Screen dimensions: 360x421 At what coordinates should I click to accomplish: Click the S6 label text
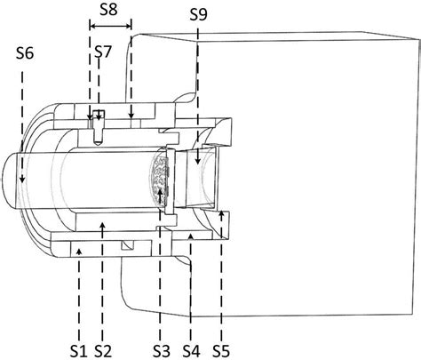(25, 53)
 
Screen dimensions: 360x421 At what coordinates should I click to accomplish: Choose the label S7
(103, 53)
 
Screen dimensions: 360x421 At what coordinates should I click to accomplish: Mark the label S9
(199, 14)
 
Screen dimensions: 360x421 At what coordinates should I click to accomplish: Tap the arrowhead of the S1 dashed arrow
(80, 250)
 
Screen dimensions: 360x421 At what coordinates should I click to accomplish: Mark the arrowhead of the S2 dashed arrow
(104, 225)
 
